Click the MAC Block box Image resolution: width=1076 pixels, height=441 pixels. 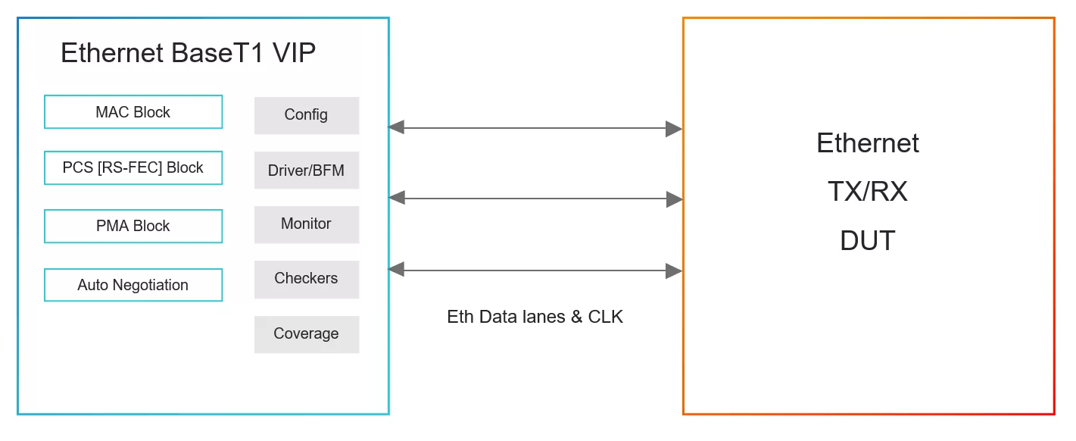pos(133,112)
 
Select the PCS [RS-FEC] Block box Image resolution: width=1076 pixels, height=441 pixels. pos(133,168)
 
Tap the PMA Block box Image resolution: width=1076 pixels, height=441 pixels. pos(133,226)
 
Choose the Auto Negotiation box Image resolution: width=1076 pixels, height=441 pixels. pos(133,285)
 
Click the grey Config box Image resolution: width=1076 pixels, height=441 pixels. pos(307,115)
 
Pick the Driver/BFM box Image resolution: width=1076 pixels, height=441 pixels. pos(307,170)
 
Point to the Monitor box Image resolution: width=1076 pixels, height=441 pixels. pos(307,224)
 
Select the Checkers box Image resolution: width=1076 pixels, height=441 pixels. pos(307,280)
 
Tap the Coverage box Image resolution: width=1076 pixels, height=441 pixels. pos(307,335)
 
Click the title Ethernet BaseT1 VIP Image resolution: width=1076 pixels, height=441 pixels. pos(188,53)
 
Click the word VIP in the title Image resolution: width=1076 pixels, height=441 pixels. pos(294,53)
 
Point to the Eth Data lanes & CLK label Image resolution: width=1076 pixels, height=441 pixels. pos(535,317)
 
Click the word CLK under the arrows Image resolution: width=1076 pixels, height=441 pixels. pos(605,317)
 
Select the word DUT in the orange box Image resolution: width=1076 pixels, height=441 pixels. pos(868,240)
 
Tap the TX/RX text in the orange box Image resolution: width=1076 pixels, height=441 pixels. pos(868,192)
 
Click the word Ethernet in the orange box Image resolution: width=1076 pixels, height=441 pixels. pos(868,143)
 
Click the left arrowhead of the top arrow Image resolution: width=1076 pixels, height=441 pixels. pos(396,127)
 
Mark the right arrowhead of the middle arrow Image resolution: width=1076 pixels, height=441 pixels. pos(675,199)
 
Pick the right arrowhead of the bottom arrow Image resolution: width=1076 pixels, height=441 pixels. pos(674,271)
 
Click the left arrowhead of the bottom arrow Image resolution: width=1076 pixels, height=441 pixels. pos(396,269)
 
